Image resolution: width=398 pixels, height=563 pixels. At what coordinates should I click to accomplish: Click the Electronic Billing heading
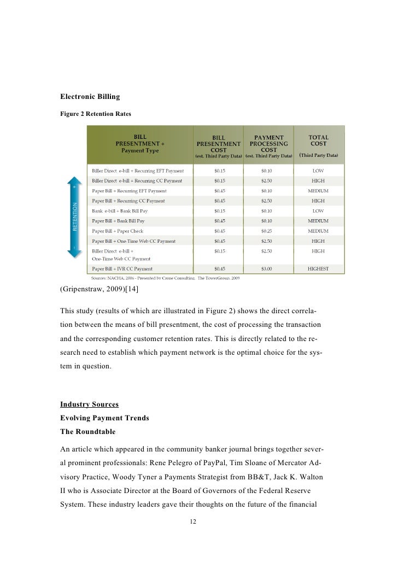click(90, 97)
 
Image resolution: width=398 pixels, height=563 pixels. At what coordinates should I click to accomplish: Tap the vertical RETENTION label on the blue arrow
click(76, 218)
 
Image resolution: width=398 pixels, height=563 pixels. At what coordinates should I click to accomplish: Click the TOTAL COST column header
click(319, 140)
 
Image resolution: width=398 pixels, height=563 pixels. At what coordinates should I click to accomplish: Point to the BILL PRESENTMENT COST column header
click(218, 140)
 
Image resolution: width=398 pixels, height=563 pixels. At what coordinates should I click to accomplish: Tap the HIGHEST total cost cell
click(318, 268)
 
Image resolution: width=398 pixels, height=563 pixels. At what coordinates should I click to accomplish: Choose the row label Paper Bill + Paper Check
click(118, 231)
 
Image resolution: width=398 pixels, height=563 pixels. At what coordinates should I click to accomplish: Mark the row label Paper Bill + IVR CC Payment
click(122, 268)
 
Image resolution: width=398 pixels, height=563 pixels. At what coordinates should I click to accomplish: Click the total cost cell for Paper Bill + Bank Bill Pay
click(318, 221)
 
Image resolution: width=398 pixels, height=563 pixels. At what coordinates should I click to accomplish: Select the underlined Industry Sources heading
click(89, 404)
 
